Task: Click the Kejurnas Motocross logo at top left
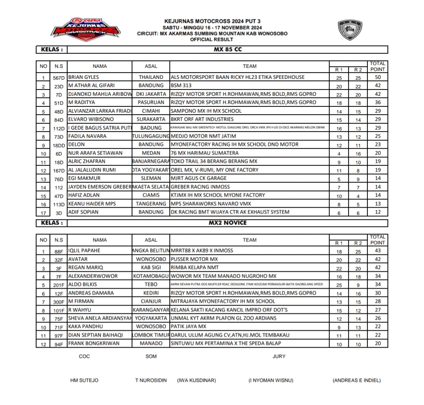[x=86, y=28]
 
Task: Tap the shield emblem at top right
[x=350, y=30]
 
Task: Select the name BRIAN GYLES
[x=84, y=77]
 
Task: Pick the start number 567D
[x=59, y=78]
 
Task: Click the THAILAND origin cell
[x=151, y=77]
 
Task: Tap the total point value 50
[x=378, y=77]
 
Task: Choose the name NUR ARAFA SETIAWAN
[x=95, y=153]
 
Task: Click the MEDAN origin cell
[x=151, y=153]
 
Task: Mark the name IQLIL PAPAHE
[x=84, y=251]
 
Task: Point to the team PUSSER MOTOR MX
[x=194, y=259]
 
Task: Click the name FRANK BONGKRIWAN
[x=94, y=344]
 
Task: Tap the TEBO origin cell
[x=151, y=284]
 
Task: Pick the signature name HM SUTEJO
[x=84, y=380]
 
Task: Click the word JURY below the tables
[x=279, y=356]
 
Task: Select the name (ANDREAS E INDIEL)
[x=356, y=380]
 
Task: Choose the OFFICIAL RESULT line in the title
[x=212, y=39]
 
